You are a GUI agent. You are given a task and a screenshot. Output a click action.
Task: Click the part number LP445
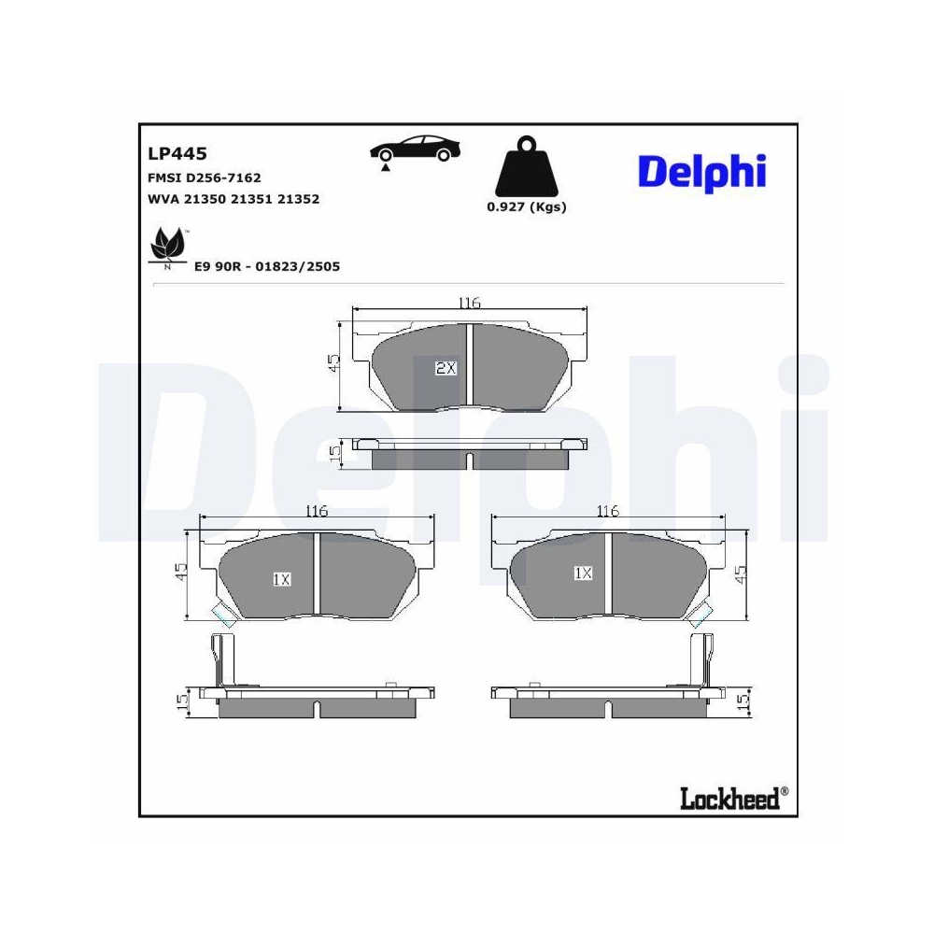coord(177,154)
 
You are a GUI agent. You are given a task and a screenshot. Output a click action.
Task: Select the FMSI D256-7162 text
coord(205,177)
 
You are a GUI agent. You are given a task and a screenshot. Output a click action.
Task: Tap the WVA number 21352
coord(302,199)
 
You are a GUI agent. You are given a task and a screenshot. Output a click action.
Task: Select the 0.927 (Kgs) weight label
coord(526,207)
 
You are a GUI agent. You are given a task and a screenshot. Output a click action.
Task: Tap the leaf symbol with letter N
coord(167,246)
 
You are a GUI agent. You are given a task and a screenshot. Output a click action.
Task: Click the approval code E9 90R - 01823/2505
coord(267,266)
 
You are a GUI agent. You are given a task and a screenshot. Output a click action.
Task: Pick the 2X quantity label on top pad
coord(446,368)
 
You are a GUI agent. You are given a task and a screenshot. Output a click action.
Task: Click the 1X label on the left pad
coord(282,579)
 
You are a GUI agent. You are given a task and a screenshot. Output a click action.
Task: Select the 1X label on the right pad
coord(583,573)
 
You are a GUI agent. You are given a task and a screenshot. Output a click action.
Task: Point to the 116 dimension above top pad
coord(469,304)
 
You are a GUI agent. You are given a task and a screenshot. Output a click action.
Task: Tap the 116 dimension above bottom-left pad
coord(317,511)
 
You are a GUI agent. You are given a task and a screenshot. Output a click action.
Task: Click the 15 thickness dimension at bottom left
coord(183,700)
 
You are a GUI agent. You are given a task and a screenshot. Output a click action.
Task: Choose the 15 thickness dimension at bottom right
coord(743,700)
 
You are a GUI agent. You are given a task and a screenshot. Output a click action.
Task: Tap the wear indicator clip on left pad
coord(223,615)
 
